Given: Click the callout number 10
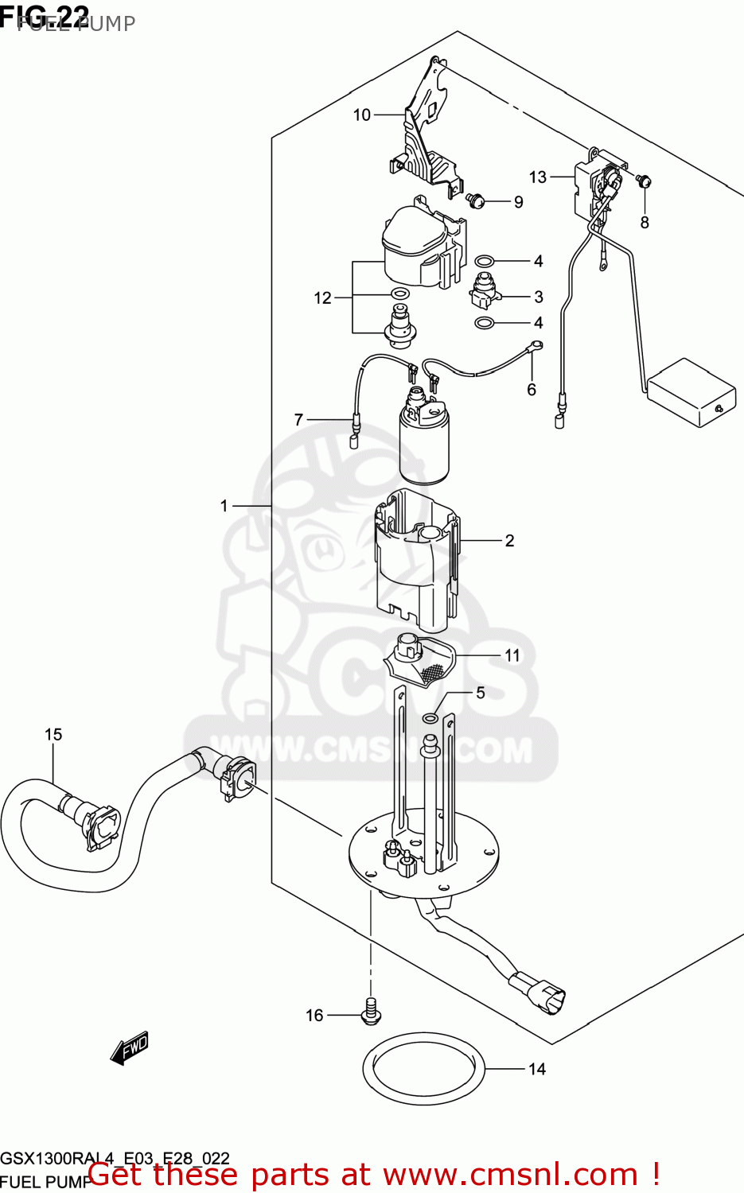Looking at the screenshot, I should click(x=362, y=115).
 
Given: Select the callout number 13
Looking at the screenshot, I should click(x=538, y=177).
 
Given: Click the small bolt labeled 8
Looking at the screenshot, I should click(x=644, y=181).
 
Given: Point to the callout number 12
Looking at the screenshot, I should click(x=322, y=298).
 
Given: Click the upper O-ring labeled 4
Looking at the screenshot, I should click(x=484, y=261).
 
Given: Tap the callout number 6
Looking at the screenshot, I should click(x=532, y=390).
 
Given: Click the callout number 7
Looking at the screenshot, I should click(x=299, y=419).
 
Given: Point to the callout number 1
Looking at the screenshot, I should click(x=224, y=506).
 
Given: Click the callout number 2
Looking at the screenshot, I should click(x=509, y=541).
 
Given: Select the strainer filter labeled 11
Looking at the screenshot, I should click(x=422, y=660).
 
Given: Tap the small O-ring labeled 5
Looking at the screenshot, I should click(x=430, y=718).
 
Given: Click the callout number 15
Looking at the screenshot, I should click(x=53, y=734).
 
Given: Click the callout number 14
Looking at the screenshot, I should click(x=537, y=1069).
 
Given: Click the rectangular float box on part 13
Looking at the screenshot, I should click(x=691, y=392).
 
